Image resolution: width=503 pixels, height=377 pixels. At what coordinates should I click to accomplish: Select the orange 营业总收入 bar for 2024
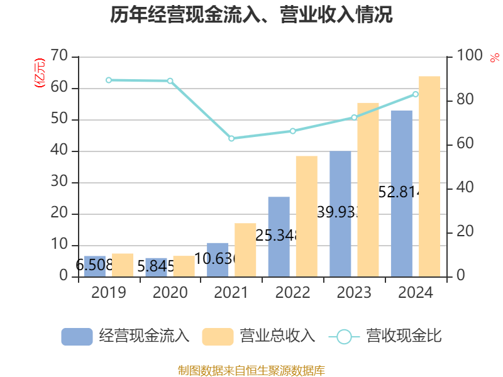[429, 177]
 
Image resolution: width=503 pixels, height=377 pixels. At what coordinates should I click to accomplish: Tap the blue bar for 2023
[340, 214]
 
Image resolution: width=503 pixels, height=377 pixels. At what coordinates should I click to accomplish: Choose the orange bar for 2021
[245, 250]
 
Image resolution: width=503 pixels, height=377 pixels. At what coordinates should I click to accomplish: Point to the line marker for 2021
[231, 138]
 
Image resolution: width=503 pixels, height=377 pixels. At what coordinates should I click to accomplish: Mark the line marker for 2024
[416, 94]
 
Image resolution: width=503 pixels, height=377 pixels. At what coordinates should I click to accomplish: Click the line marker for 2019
[109, 80]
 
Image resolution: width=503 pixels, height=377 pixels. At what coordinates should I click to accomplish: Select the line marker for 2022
[293, 131]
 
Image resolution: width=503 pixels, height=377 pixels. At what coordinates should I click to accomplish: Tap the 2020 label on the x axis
[170, 293]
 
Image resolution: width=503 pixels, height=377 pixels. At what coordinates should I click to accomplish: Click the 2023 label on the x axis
[355, 293]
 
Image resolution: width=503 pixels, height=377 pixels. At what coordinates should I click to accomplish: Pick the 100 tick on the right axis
[470, 57]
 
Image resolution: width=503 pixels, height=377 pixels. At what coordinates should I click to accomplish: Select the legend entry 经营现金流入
[126, 336]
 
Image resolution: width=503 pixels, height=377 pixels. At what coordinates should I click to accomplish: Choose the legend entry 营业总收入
[258, 336]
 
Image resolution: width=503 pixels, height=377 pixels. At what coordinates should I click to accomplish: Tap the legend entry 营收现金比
[385, 336]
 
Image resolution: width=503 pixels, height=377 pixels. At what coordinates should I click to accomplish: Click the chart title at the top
[251, 15]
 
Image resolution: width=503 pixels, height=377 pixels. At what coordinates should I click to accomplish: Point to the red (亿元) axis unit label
[40, 73]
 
